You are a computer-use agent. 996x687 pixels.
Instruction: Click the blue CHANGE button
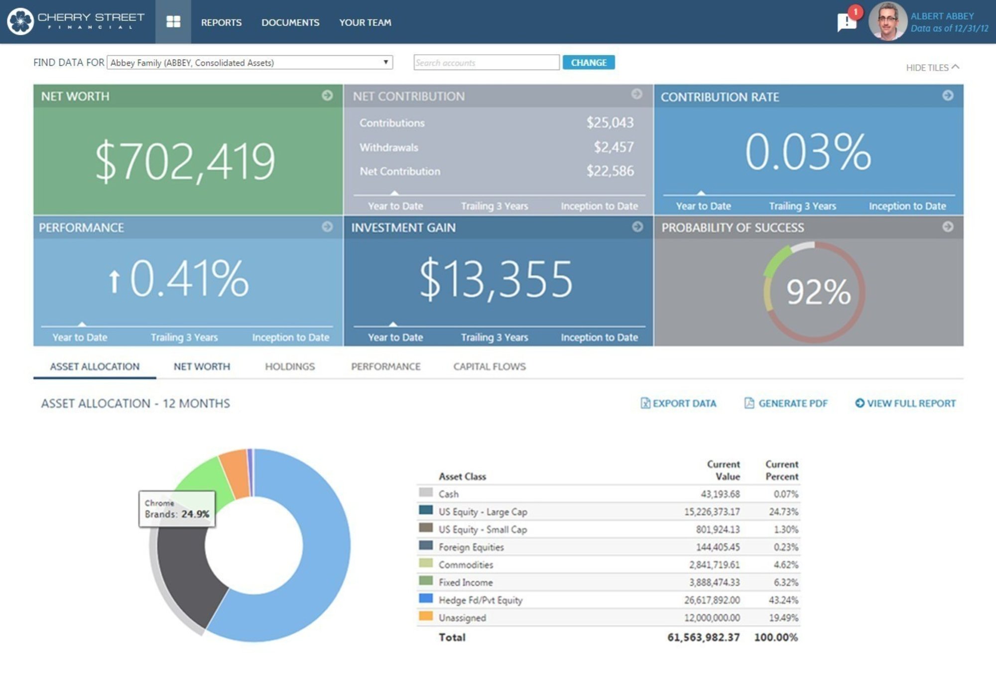[588, 63]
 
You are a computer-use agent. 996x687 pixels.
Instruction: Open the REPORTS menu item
[221, 22]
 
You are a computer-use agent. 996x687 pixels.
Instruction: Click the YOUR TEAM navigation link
[365, 22]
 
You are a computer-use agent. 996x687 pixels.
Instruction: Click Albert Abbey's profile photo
[887, 22]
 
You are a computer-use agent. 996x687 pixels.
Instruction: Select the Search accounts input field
[486, 63]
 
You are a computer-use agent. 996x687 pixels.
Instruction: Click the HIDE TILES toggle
[932, 67]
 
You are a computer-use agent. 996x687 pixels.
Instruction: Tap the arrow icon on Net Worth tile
[327, 95]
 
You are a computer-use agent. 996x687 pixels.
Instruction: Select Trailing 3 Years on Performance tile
[184, 337]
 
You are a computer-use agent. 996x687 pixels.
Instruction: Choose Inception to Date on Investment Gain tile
[599, 337]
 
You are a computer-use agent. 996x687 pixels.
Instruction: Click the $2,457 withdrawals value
[614, 147]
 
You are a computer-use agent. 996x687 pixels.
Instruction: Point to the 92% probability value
[818, 292]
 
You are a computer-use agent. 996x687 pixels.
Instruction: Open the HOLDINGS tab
[290, 366]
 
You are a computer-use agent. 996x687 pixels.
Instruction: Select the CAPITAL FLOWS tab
[489, 366]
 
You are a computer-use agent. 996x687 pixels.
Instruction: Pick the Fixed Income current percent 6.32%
[786, 582]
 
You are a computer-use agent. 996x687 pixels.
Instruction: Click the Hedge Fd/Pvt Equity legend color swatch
[426, 598]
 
